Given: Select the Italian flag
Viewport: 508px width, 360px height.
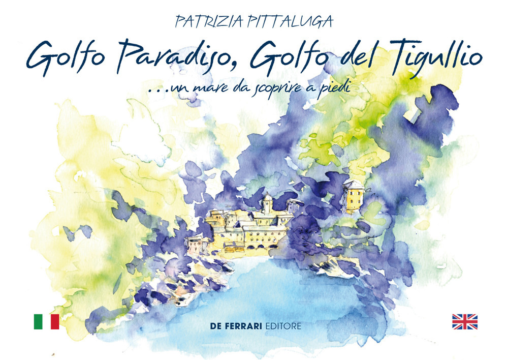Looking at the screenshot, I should pyautogui.click(x=46, y=321).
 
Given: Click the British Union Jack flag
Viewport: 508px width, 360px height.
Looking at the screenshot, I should pyautogui.click(x=465, y=321).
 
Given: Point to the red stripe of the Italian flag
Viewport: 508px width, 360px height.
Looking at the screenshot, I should pyautogui.click(x=55, y=321).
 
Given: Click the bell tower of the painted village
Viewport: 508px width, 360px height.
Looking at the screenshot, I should pyautogui.click(x=268, y=203).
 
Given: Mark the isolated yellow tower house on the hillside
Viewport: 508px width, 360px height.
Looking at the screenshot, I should pyautogui.click(x=354, y=196).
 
